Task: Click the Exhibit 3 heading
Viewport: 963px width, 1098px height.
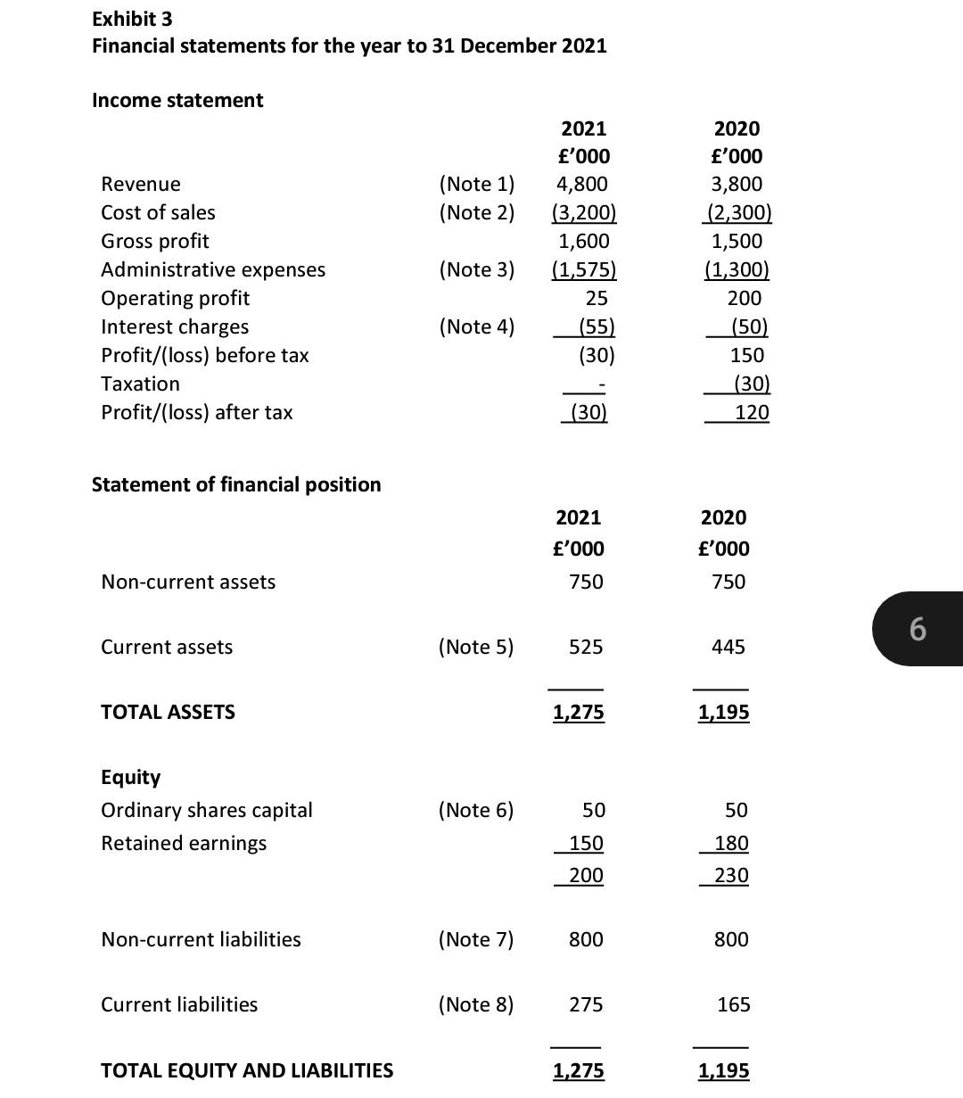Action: coord(132,19)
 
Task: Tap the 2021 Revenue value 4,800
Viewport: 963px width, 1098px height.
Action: coord(581,185)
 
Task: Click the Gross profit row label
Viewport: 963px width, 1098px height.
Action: coord(155,242)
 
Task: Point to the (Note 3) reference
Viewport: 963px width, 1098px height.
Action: coord(476,269)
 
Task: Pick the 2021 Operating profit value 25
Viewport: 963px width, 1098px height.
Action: coord(597,298)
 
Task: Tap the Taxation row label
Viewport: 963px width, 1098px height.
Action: coord(140,384)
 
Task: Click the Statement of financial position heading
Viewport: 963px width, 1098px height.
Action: coord(236,484)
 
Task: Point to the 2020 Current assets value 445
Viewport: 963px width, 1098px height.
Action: coord(728,648)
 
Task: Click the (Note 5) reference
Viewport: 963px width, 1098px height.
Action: coord(476,648)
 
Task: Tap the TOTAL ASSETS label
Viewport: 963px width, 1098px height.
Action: coord(168,713)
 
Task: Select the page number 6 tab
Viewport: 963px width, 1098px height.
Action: coord(918,629)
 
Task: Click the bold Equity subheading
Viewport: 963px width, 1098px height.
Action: coord(130,778)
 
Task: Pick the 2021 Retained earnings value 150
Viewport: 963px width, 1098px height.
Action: coord(586,844)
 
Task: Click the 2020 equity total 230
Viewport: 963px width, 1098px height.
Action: coord(731,876)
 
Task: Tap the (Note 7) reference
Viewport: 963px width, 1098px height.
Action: coord(476,940)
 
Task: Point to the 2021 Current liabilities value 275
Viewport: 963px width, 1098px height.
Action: coord(586,1005)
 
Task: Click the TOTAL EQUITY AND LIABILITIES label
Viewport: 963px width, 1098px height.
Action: coord(247,1071)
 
